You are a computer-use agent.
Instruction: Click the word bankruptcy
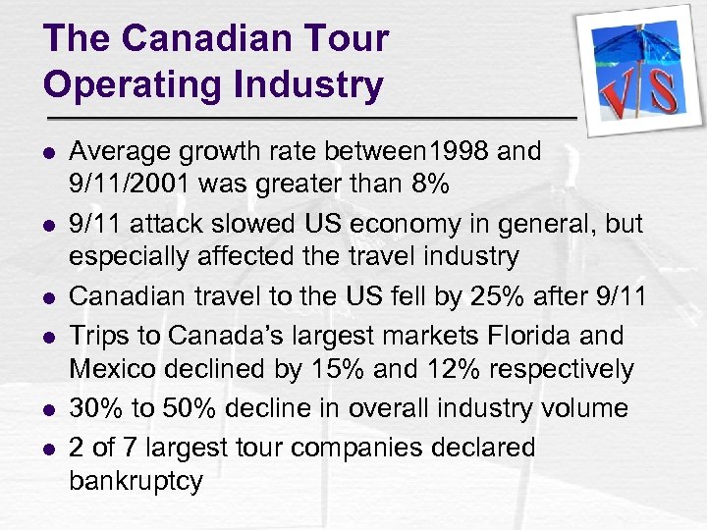point(136,482)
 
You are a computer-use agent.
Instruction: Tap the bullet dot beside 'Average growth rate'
point(51,153)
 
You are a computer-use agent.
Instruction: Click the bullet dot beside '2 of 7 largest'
point(51,450)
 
